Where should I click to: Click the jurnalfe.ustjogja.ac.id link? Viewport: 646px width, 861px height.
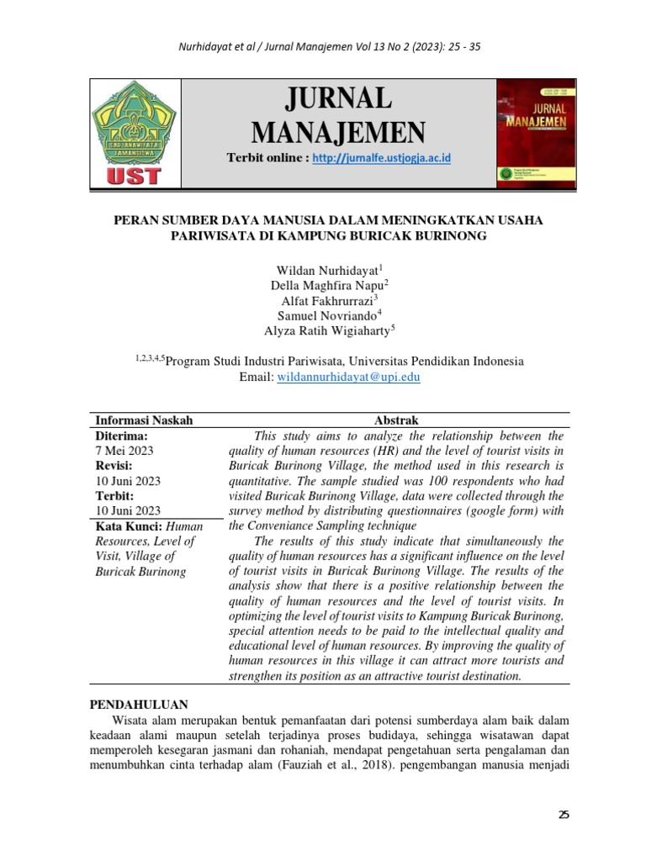[382, 158]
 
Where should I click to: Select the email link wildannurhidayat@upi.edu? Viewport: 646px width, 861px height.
[348, 378]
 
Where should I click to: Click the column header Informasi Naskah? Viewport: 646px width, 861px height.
[144, 420]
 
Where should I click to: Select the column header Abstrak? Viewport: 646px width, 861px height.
[395, 420]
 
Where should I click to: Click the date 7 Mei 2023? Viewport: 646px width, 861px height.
[124, 451]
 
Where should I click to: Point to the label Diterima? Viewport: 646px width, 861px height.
[122, 436]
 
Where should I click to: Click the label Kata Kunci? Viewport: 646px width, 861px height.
[124, 526]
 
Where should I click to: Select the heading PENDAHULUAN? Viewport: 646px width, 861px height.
[139, 705]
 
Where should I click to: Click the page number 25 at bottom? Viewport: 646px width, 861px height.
[564, 814]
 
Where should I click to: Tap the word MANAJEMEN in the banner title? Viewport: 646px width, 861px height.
[338, 131]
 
